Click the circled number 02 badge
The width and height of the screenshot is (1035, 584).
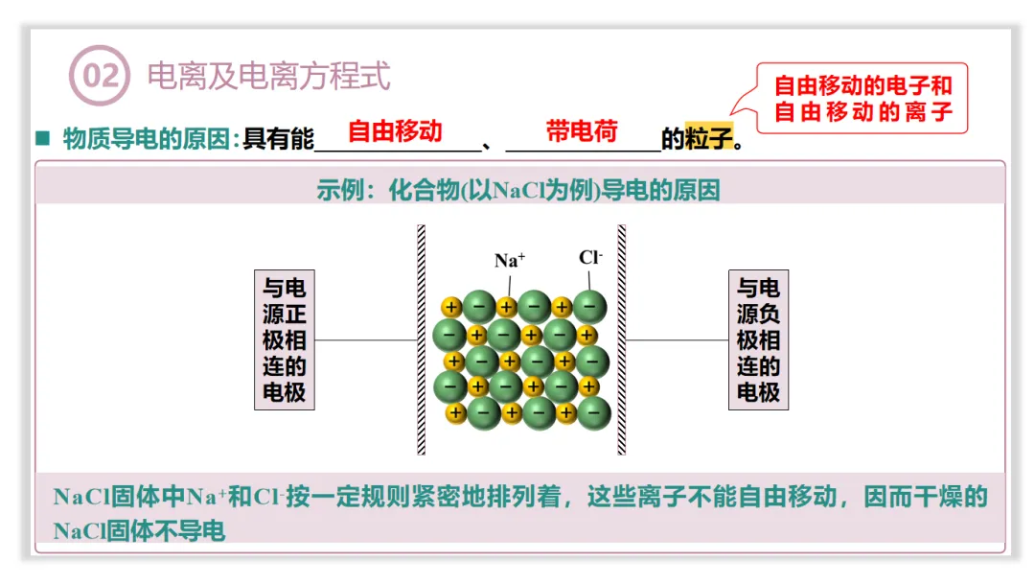tap(99, 76)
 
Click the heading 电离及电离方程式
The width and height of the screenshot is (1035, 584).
tap(269, 76)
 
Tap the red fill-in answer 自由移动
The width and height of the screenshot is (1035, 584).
tap(395, 130)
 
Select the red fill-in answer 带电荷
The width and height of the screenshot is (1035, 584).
tap(582, 130)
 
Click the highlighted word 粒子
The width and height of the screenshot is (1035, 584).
tap(709, 139)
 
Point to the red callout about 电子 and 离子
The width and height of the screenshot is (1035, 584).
tap(862, 98)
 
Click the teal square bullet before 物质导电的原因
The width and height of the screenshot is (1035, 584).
tap(42, 138)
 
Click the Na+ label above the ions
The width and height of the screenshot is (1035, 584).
tap(510, 260)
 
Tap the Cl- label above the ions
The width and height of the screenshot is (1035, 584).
tap(590, 257)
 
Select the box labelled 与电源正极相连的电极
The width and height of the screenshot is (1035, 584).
tap(285, 339)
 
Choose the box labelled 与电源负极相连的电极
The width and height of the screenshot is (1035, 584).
tap(758, 339)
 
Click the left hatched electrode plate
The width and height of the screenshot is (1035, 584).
tap(422, 339)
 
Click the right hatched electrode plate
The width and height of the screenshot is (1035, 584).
tap(621, 339)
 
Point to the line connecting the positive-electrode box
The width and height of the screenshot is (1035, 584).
tap(365, 339)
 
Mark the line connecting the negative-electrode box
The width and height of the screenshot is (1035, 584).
tap(678, 339)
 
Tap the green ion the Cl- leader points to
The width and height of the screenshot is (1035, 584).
tap(590, 306)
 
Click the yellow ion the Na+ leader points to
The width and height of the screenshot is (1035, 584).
tap(507, 308)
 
